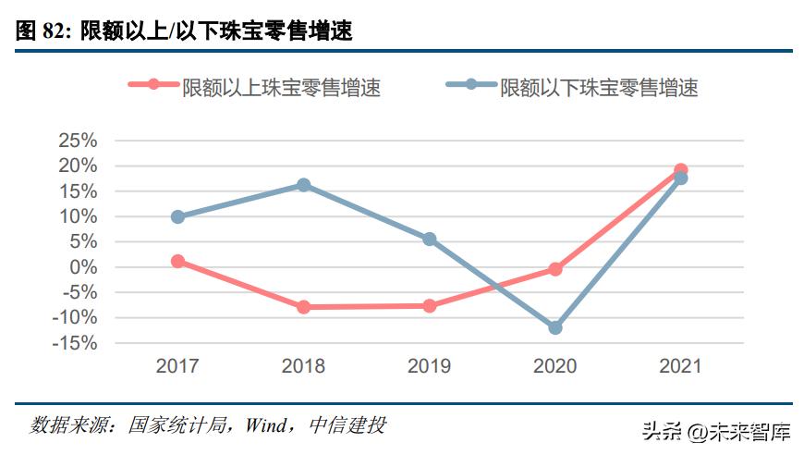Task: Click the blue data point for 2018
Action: pos(303,185)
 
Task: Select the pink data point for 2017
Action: pos(177,261)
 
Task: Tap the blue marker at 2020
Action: pos(554,327)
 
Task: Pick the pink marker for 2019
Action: pos(429,305)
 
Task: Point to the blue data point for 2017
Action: pos(177,216)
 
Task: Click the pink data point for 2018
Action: pos(303,306)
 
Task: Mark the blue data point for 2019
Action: pos(429,239)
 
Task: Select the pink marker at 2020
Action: pos(554,269)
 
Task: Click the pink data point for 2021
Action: pos(680,170)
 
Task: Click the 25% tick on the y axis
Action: pos(78,141)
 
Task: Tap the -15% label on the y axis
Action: pos(75,343)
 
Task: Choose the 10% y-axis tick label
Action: pos(78,216)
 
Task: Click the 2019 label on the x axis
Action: pos(429,366)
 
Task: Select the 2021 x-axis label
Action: pos(680,366)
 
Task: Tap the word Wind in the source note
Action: pos(266,425)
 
